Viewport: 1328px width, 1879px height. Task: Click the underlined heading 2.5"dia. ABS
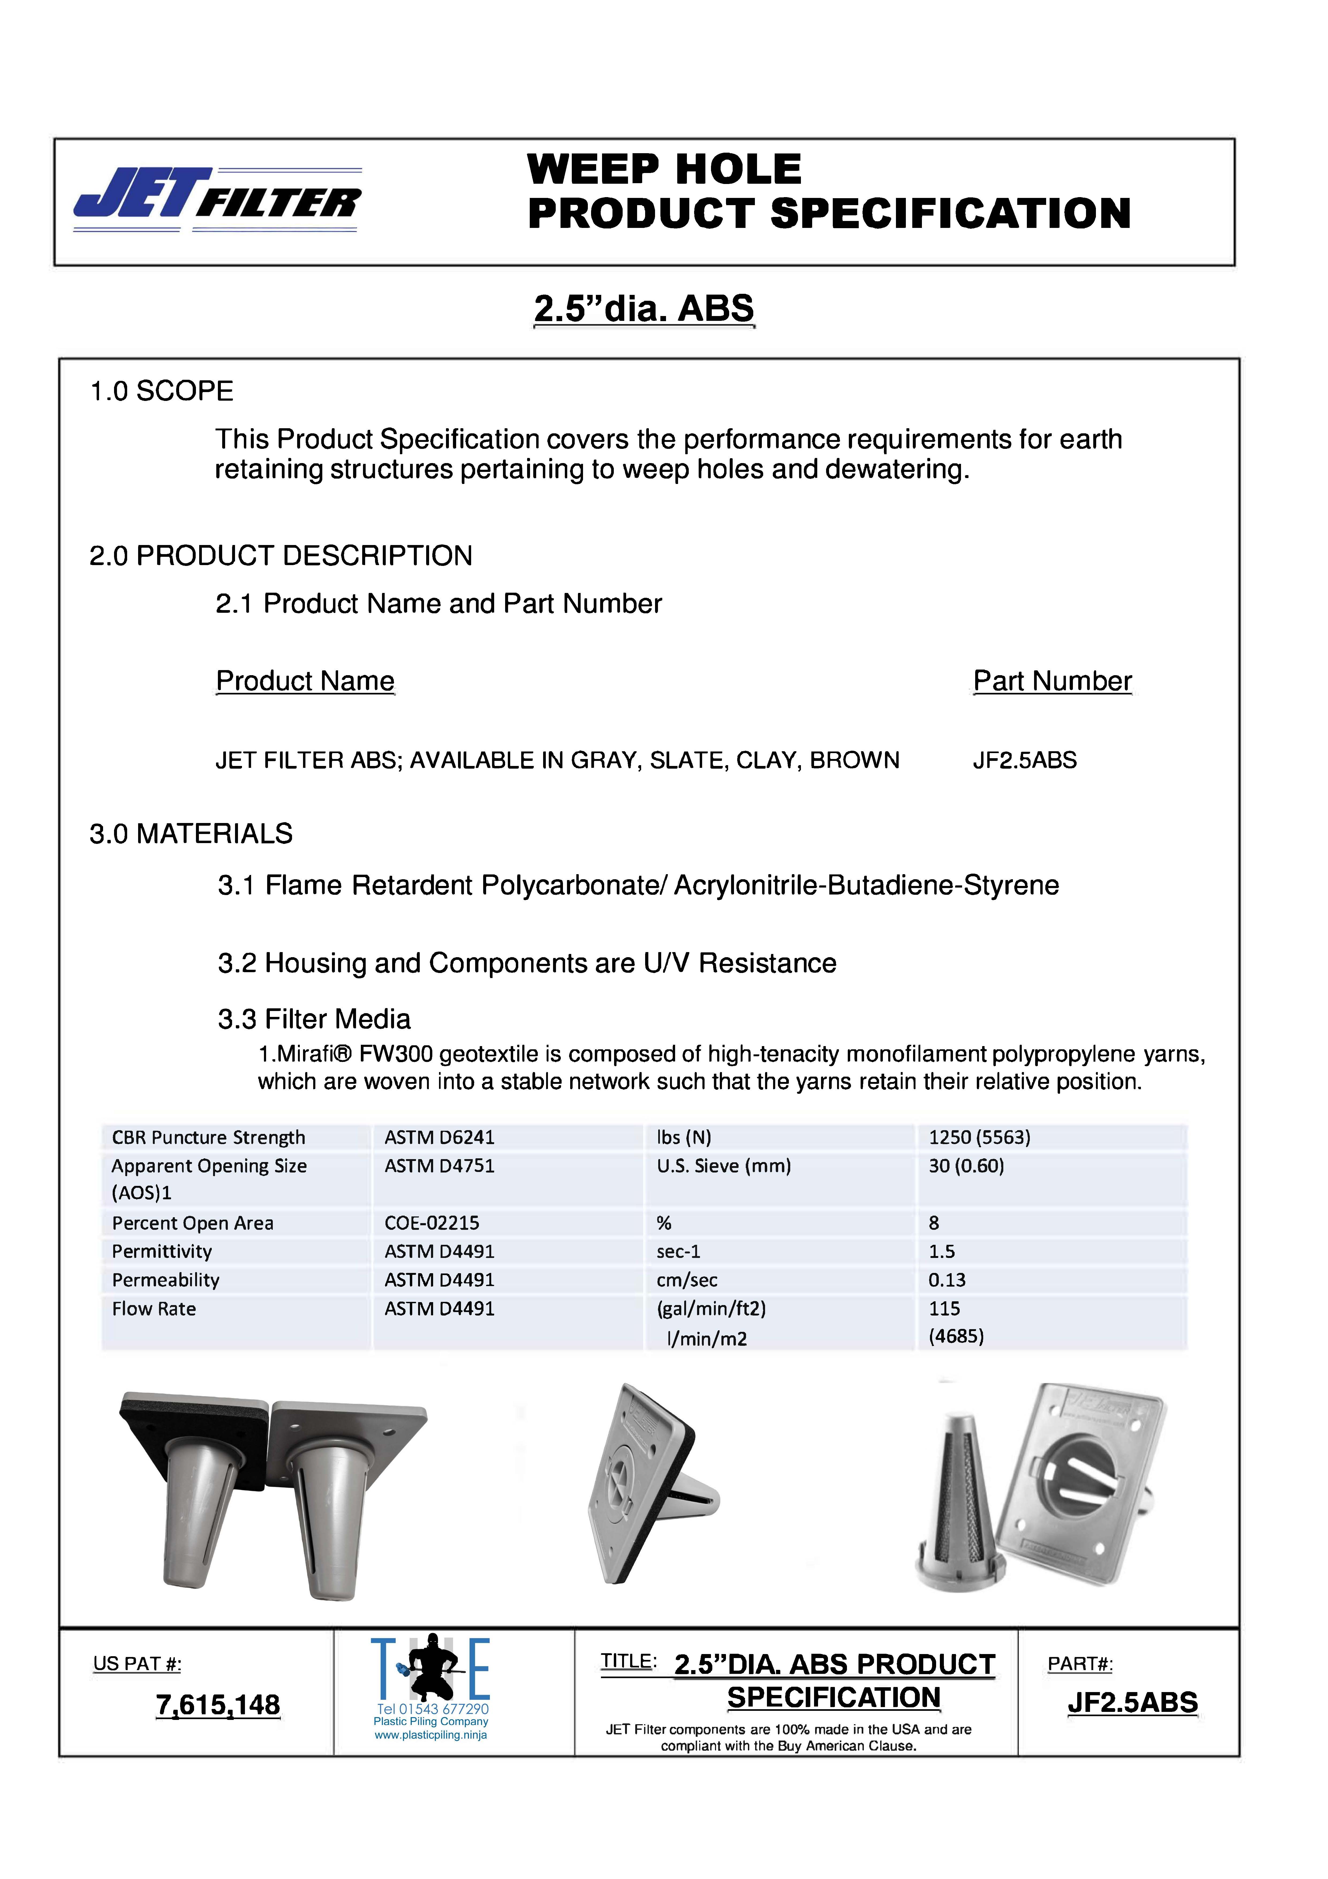coord(643,309)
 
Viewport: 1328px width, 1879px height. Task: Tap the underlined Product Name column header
coord(305,681)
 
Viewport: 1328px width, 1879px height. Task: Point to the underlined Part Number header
coord(1051,681)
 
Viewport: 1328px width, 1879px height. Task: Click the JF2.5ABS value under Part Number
coord(1024,760)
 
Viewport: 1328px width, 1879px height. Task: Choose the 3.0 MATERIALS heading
coord(191,834)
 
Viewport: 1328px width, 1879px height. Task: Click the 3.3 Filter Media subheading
coord(314,1019)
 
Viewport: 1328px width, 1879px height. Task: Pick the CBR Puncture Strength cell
coord(209,1137)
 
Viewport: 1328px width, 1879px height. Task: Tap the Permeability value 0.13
coord(947,1280)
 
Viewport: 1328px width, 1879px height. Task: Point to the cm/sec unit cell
coord(687,1280)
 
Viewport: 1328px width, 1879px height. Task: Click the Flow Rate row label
coord(154,1309)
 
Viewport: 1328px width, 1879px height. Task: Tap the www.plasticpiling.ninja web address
coord(430,1735)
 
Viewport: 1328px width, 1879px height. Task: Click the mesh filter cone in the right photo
coord(960,1506)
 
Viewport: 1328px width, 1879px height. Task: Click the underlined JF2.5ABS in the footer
coord(1132,1702)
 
